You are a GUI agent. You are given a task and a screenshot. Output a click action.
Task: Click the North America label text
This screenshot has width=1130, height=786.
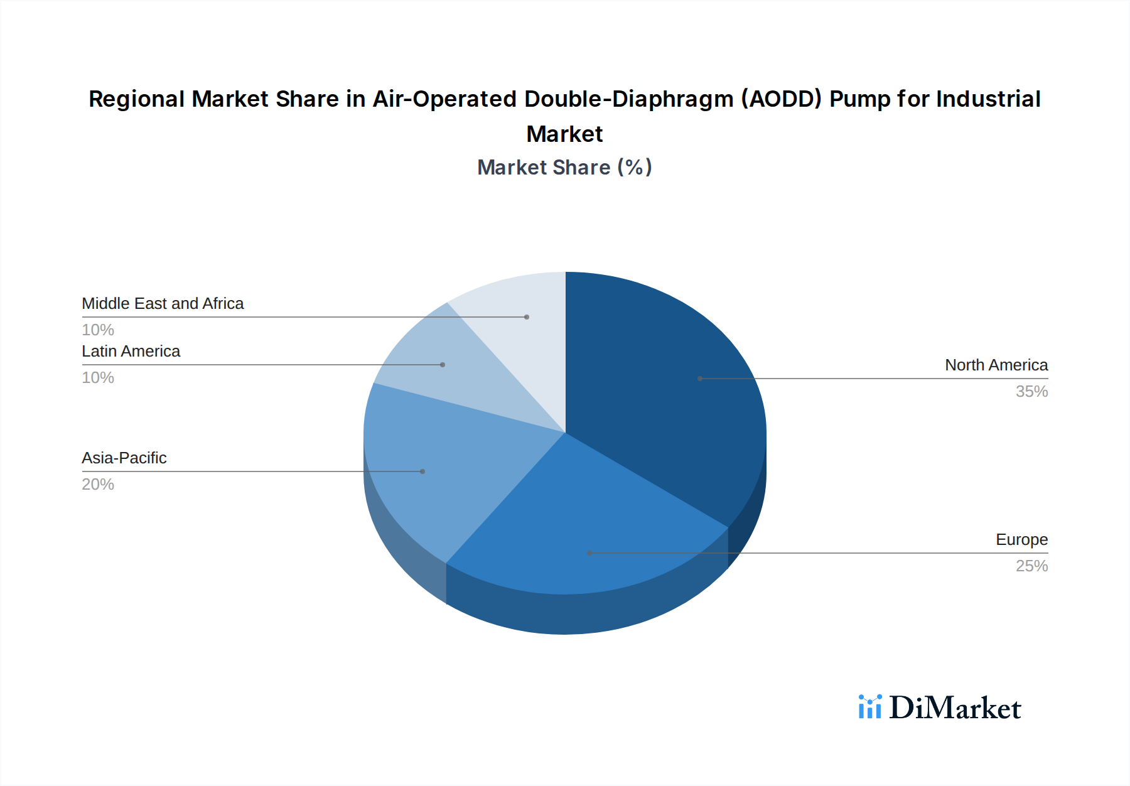tap(996, 365)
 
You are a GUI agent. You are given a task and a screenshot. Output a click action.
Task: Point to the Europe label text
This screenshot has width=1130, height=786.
tap(1021, 539)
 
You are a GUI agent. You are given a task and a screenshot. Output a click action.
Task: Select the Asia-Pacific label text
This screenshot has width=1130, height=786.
tap(124, 458)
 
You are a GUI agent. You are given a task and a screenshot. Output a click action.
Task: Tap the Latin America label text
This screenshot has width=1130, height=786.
tap(131, 351)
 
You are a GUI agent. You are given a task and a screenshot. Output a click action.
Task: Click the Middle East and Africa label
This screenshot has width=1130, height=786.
tap(163, 303)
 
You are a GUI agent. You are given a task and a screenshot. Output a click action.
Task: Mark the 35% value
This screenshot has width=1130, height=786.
tap(1031, 391)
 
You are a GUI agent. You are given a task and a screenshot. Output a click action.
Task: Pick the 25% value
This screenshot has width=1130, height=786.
tap(1031, 566)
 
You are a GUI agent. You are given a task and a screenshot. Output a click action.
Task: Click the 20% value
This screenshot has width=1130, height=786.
tap(98, 484)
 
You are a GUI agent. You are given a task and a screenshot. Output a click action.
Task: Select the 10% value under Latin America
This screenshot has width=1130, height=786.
tap(98, 377)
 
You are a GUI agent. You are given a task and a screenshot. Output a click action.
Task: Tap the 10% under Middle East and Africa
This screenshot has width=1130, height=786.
tap(98, 330)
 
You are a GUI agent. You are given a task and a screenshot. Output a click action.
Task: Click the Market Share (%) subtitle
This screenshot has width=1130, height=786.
tap(564, 167)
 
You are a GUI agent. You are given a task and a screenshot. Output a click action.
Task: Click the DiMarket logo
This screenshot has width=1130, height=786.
tap(940, 708)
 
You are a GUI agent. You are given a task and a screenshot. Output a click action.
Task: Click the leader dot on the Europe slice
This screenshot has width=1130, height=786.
tap(589, 553)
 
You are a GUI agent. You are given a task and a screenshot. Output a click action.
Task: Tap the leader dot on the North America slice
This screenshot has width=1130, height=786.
tap(700, 379)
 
